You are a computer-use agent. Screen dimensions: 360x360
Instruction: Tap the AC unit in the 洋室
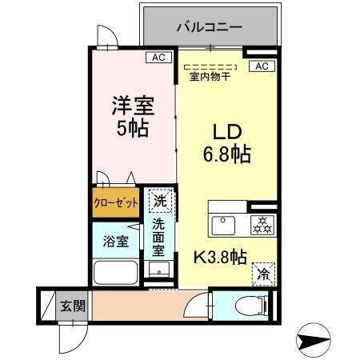(x=158, y=58)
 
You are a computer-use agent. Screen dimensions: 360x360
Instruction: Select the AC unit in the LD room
(x=260, y=66)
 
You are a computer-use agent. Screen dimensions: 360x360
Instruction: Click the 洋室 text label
(x=132, y=105)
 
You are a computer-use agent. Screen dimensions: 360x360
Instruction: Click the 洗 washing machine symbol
(x=160, y=201)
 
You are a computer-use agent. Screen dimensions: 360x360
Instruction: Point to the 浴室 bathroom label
(x=115, y=241)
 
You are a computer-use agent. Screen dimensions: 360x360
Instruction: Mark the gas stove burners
(x=260, y=225)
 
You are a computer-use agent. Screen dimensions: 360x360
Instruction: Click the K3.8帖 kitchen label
(x=222, y=257)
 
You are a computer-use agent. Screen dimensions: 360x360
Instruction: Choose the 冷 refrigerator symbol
(x=262, y=274)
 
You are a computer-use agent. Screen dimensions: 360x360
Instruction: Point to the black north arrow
(x=314, y=340)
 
